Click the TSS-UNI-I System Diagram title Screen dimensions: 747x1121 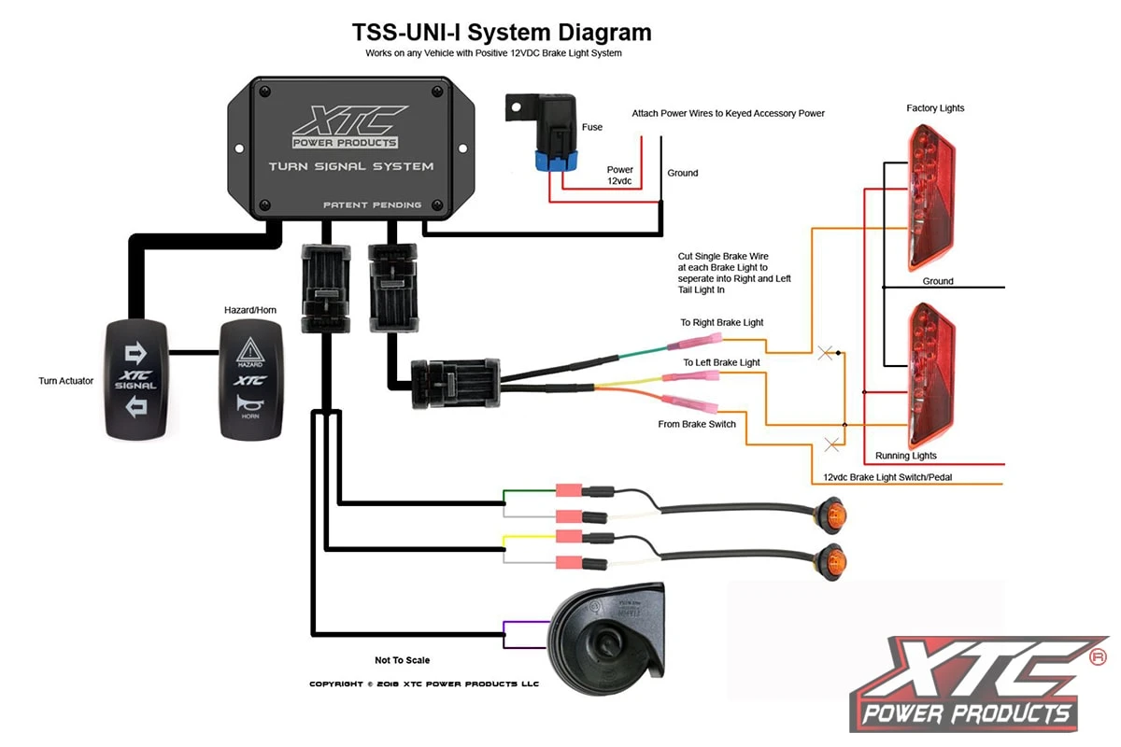[x=502, y=32]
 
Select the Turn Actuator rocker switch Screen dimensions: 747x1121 [x=136, y=380]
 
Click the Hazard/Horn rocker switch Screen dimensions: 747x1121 [x=249, y=380]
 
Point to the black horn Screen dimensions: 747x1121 [x=607, y=635]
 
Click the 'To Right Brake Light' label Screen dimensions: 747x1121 [x=721, y=322]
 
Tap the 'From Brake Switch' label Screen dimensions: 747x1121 [x=697, y=424]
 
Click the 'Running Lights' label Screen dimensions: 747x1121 [x=905, y=456]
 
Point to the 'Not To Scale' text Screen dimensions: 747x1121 [x=403, y=660]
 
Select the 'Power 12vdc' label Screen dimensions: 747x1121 [x=620, y=175]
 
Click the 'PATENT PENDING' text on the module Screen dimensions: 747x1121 [x=372, y=204]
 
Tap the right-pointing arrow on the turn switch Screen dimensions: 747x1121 [x=136, y=352]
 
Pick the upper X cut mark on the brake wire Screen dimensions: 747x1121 [x=825, y=353]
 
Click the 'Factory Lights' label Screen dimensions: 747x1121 [x=935, y=108]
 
